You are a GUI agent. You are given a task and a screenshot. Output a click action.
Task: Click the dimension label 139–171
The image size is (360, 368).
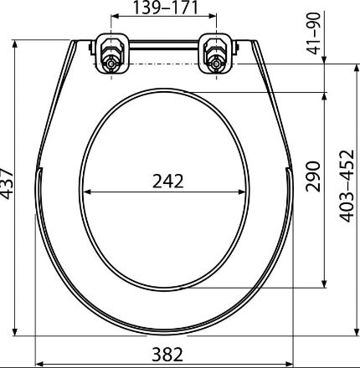click(x=165, y=8)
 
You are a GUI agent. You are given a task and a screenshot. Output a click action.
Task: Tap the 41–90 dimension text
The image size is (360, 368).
click(x=314, y=33)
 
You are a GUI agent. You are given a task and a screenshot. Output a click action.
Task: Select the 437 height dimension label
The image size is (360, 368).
click(x=6, y=183)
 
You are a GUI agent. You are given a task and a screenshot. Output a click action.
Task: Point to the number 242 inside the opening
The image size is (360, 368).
click(x=168, y=181)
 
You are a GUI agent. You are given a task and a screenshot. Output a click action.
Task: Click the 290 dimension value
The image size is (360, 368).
click(x=312, y=176)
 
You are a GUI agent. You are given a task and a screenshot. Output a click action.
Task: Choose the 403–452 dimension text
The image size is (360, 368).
click(x=347, y=187)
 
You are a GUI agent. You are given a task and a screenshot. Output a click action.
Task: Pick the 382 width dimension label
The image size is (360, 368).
click(x=167, y=355)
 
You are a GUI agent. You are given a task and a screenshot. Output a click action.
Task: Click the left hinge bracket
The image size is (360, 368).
click(x=112, y=54)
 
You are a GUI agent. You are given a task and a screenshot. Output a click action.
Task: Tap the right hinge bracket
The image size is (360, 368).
click(x=216, y=54)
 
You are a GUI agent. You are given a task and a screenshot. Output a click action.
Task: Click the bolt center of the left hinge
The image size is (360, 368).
click(x=111, y=64)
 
